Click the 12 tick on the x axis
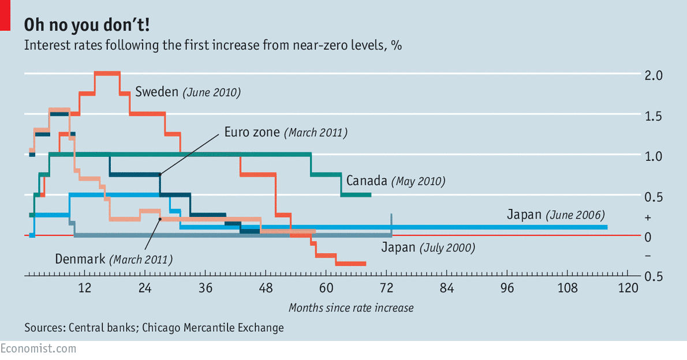point(85,288)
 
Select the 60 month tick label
point(326,288)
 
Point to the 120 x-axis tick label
point(628,288)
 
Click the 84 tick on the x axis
point(447,288)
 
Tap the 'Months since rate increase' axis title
point(351,307)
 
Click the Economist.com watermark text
point(38,348)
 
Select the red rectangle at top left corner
point(5,15)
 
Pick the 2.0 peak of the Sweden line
point(107,73)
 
